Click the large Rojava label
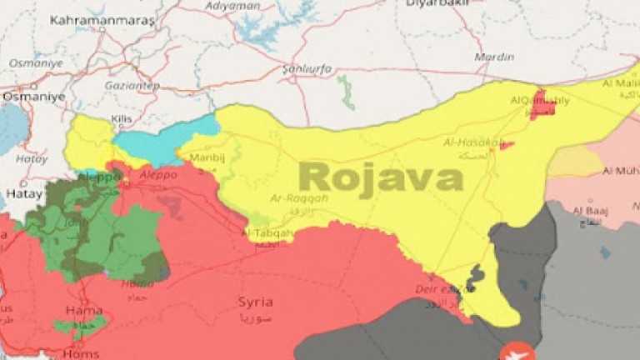[381, 177]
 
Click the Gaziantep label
[132, 86]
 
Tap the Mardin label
[493, 57]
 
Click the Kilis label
[122, 121]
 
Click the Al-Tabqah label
[267, 233]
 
